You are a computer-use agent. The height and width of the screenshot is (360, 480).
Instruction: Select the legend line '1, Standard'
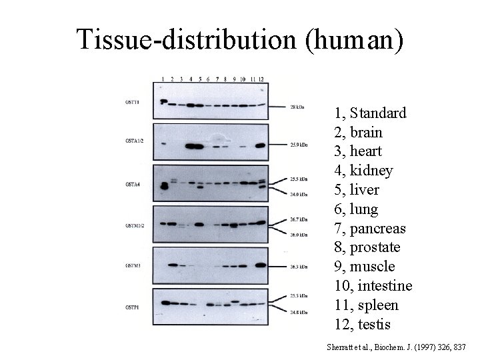click(x=370, y=113)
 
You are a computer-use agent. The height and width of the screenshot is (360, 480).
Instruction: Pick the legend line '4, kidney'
click(x=363, y=171)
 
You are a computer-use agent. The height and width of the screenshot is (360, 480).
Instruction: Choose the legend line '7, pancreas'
click(x=370, y=228)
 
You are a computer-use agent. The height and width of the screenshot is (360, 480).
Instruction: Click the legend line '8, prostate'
click(x=367, y=247)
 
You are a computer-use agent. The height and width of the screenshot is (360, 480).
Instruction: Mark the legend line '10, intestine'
click(x=373, y=286)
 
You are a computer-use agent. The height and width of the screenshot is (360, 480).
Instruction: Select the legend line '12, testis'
click(x=364, y=325)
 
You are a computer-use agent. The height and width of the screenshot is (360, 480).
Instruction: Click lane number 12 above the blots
click(x=262, y=79)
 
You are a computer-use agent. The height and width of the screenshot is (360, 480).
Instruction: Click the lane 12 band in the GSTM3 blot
click(x=260, y=265)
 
